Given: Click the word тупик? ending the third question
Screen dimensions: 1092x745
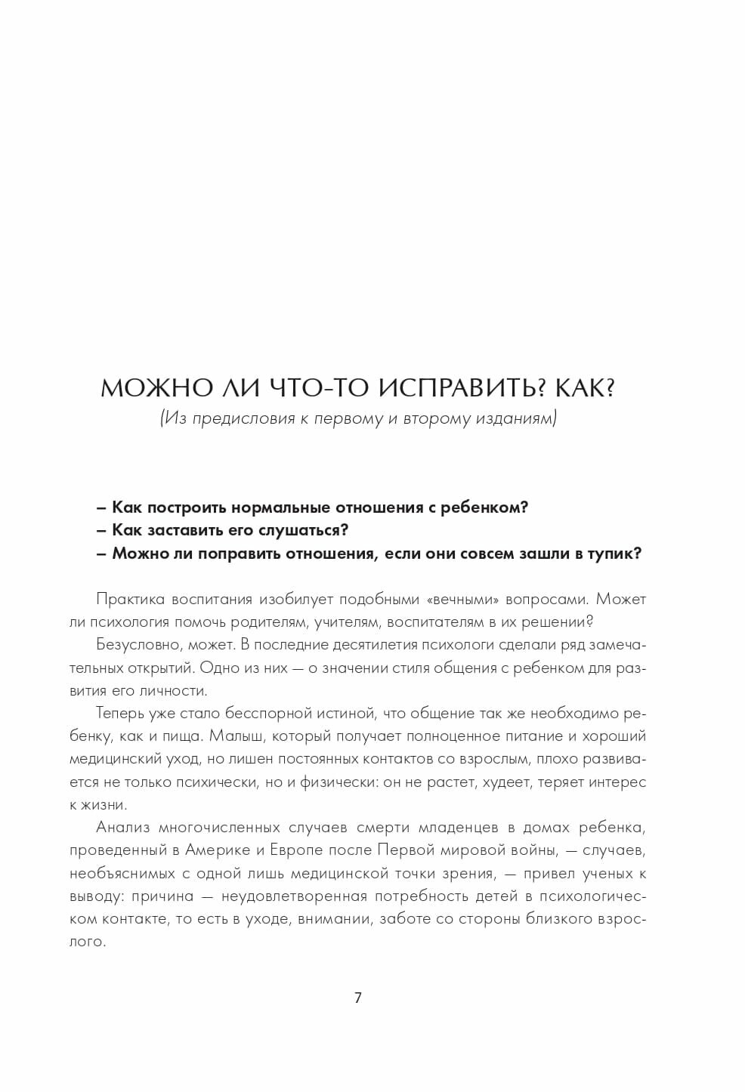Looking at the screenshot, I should coord(614,553).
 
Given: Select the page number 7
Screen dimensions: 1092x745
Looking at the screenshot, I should coord(358,998).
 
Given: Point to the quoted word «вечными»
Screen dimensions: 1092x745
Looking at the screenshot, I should coord(467,600).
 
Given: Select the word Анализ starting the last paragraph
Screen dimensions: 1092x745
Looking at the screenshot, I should coord(120,827).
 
